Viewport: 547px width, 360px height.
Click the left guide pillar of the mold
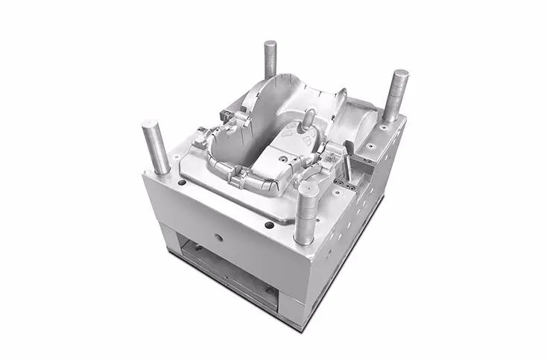click(156, 147)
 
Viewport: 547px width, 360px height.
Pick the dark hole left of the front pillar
click(268, 224)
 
